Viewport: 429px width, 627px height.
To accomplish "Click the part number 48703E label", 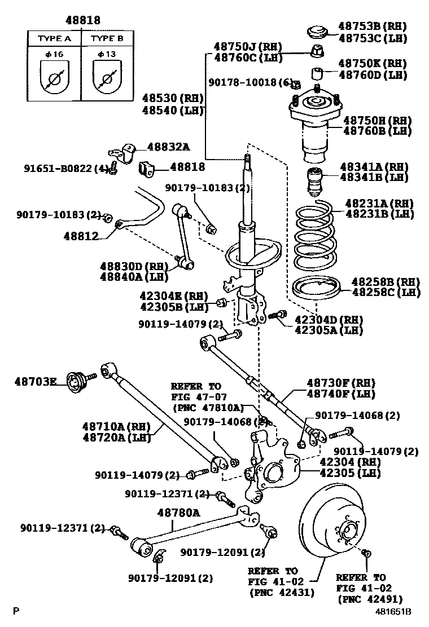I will (x=35, y=382).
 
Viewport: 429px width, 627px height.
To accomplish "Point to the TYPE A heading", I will (x=54, y=39).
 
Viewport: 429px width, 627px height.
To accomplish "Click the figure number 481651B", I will (x=395, y=611).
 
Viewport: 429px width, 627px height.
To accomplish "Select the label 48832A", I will (x=168, y=147).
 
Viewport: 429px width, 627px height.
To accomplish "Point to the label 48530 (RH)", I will (x=172, y=98).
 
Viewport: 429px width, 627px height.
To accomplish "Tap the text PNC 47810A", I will (x=207, y=407).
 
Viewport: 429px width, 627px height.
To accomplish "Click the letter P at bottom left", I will (x=16, y=611).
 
